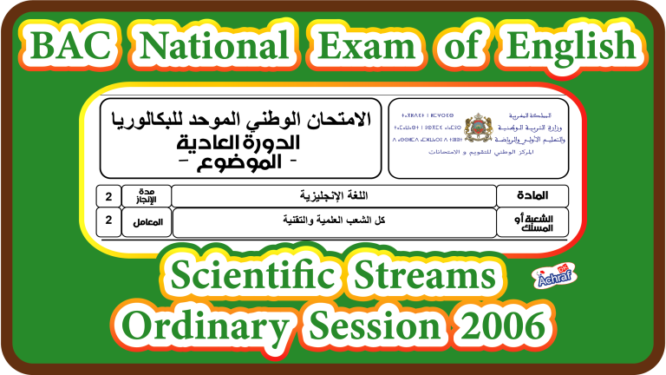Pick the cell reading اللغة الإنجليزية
click(x=333, y=195)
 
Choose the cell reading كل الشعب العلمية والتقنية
click(x=333, y=220)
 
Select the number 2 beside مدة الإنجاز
click(x=108, y=195)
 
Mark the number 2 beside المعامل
click(x=108, y=220)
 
